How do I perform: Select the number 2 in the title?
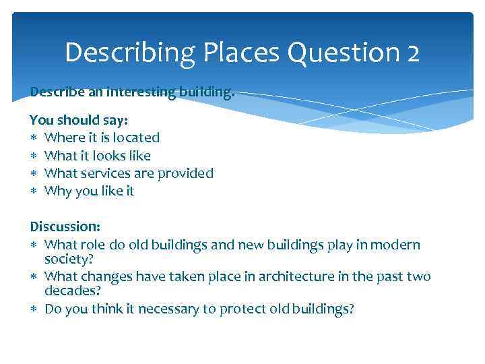tap(412, 53)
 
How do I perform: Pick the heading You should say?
tap(79, 119)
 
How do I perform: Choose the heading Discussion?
tap(64, 227)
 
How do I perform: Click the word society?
tap(69, 258)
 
